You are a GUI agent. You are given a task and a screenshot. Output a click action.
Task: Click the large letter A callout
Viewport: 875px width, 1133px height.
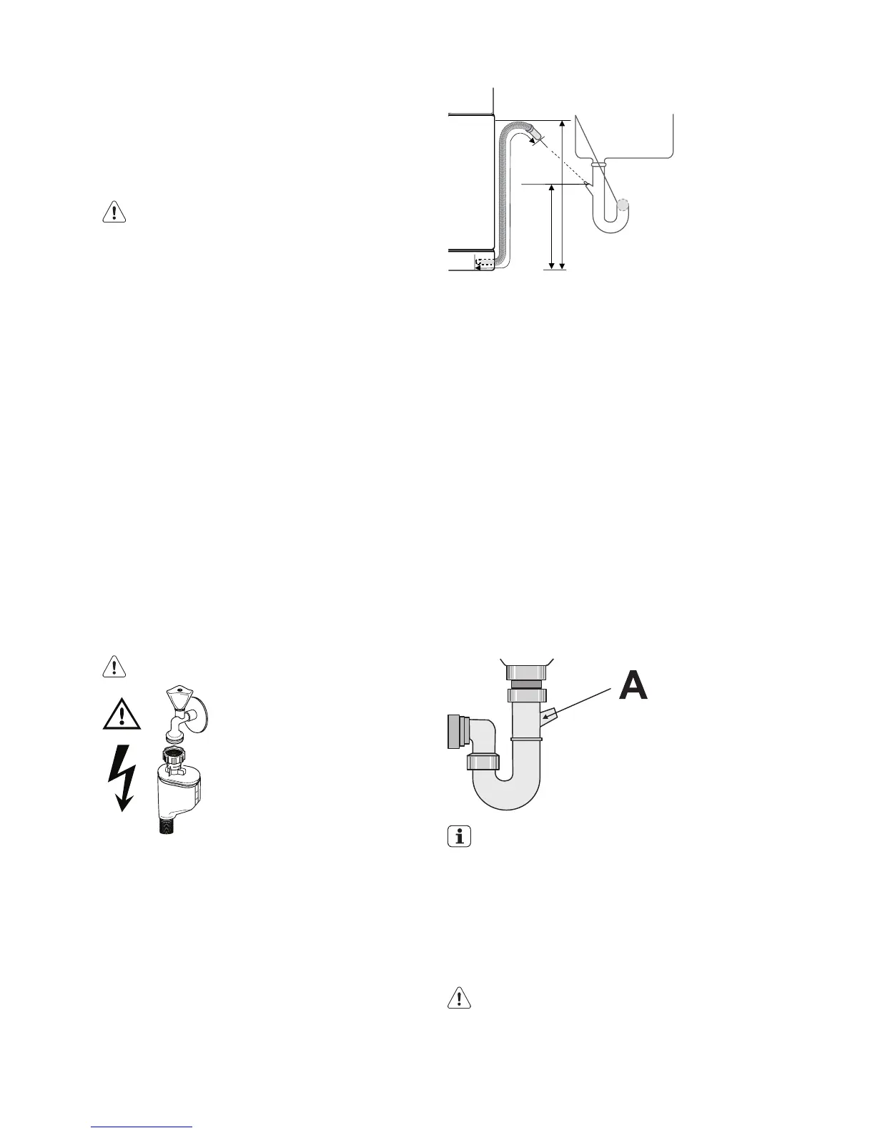click(x=633, y=685)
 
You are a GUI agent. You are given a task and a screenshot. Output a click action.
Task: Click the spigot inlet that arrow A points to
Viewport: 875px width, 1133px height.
click(x=548, y=715)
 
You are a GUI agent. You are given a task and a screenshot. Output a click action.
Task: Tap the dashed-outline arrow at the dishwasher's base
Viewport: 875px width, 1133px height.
click(x=484, y=264)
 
